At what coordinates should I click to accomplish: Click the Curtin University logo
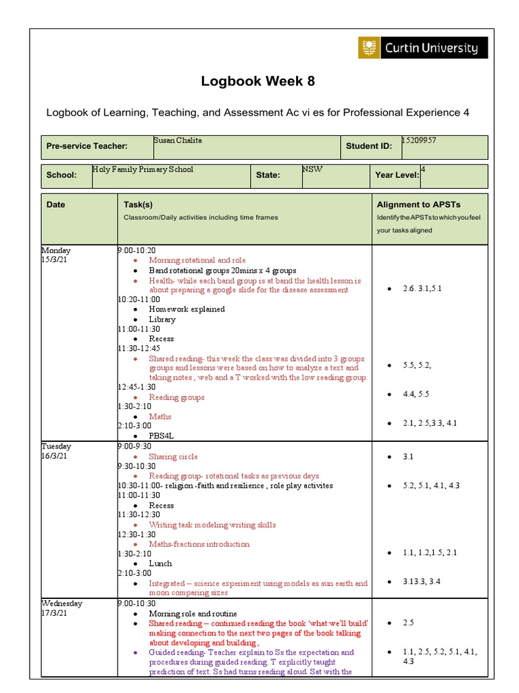[x=422, y=48]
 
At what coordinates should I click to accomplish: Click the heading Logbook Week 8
[x=258, y=82]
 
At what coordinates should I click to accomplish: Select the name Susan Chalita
[x=178, y=141]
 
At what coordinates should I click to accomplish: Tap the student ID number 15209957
[x=418, y=141]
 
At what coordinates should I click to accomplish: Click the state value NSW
[x=313, y=170]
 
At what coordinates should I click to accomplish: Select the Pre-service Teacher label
[x=87, y=146]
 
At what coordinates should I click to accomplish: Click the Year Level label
[x=397, y=175]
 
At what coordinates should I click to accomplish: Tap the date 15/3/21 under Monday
[x=55, y=260]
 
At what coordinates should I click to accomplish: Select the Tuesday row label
[x=56, y=447]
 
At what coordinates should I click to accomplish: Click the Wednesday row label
[x=62, y=604]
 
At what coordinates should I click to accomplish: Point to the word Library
[x=162, y=319]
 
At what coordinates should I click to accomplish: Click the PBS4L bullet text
[x=162, y=437]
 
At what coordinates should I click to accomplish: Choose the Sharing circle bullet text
[x=173, y=457]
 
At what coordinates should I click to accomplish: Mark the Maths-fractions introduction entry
[x=199, y=544]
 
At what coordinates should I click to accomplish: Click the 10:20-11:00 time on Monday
[x=139, y=299]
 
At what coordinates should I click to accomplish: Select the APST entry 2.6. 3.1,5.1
[x=424, y=289]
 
